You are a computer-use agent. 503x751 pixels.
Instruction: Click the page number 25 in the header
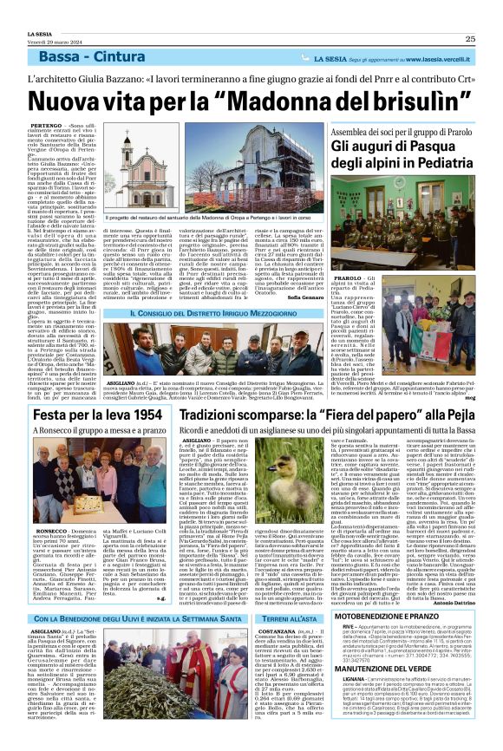469,38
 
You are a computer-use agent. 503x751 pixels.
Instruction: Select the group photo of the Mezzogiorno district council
227,350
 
